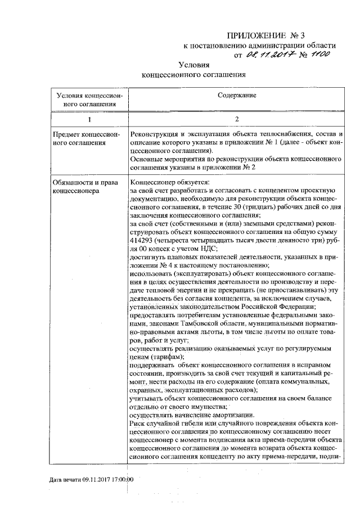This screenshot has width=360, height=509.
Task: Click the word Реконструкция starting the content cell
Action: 154,136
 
